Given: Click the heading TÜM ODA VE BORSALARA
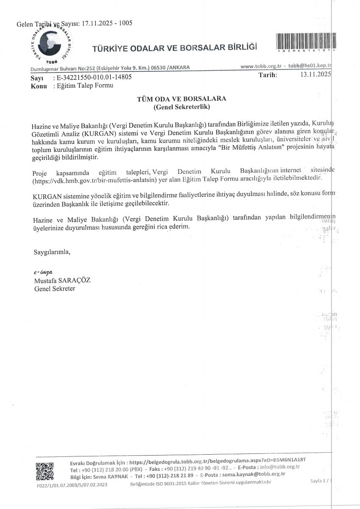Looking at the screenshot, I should coord(181,98).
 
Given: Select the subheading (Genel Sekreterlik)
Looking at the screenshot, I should coord(181,107).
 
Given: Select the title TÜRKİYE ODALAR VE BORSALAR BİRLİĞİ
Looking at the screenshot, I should coord(175,48).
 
